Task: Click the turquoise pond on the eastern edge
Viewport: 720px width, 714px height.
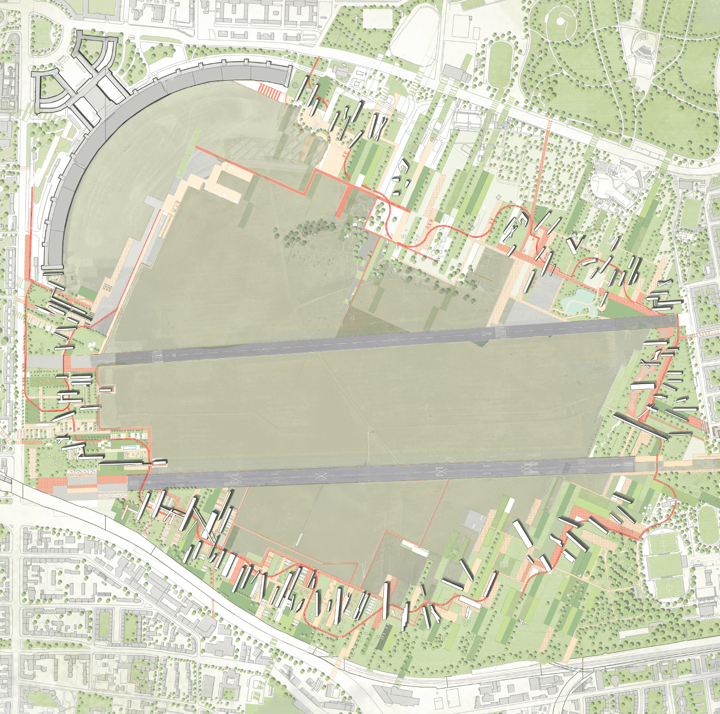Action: click(580, 299)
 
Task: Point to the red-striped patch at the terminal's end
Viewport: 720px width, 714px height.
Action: click(270, 90)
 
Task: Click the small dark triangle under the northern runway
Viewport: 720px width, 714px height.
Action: click(483, 344)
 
